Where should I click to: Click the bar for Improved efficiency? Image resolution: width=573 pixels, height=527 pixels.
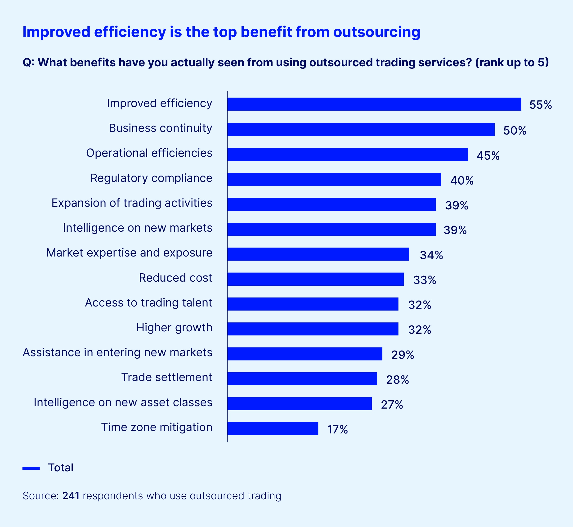click(374, 104)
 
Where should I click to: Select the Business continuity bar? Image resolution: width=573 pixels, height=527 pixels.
click(361, 130)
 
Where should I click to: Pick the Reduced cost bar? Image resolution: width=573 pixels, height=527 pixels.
click(315, 279)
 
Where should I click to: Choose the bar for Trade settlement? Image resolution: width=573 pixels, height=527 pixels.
click(302, 379)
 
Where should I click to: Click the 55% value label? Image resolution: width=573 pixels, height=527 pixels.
click(541, 105)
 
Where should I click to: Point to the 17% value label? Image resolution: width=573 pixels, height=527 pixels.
click(337, 429)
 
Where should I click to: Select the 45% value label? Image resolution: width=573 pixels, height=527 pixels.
click(488, 156)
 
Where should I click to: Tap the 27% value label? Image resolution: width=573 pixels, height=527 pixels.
click(392, 405)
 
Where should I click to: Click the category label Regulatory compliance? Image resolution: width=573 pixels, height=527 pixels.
click(151, 178)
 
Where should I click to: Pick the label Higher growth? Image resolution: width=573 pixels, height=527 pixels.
click(174, 327)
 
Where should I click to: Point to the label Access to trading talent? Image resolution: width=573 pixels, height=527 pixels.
click(148, 302)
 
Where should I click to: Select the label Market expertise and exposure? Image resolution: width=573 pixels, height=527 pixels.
click(129, 253)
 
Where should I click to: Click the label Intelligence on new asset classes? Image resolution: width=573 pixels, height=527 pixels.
click(123, 402)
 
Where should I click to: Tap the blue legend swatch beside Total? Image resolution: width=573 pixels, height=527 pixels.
click(31, 468)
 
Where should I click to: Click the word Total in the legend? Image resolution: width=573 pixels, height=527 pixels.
click(61, 468)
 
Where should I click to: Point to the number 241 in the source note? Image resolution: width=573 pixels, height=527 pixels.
click(71, 496)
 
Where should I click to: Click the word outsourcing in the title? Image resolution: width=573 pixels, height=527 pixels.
click(376, 32)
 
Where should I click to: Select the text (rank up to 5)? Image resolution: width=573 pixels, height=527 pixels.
click(512, 62)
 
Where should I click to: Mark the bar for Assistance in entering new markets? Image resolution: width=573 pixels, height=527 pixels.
click(304, 354)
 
